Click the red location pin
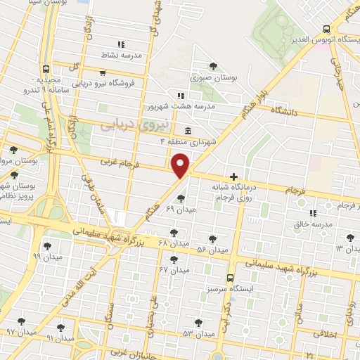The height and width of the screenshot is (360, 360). point(181,164)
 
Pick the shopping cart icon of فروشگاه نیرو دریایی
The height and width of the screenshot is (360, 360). point(103,72)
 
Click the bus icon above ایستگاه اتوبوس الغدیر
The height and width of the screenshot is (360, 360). point(325,30)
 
